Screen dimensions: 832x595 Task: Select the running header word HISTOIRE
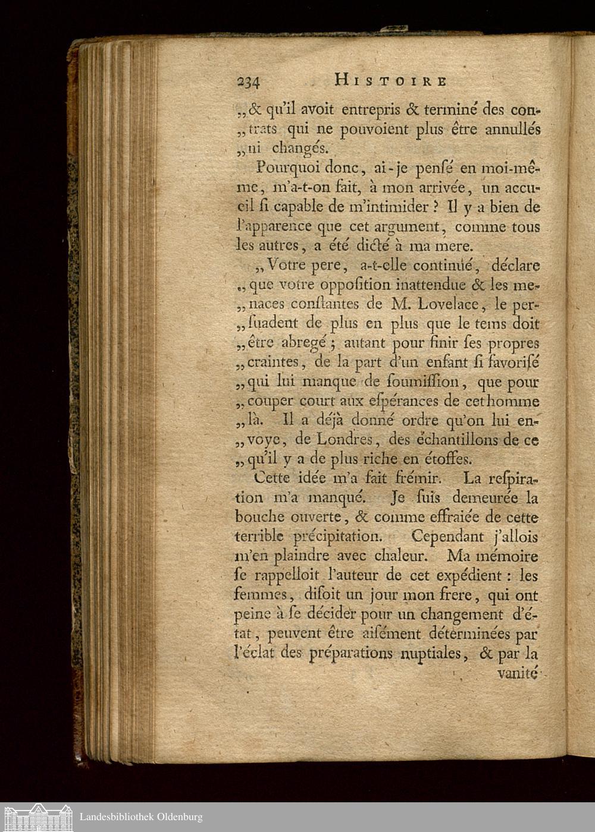click(390, 80)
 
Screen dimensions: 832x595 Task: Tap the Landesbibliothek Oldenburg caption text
click(141, 817)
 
